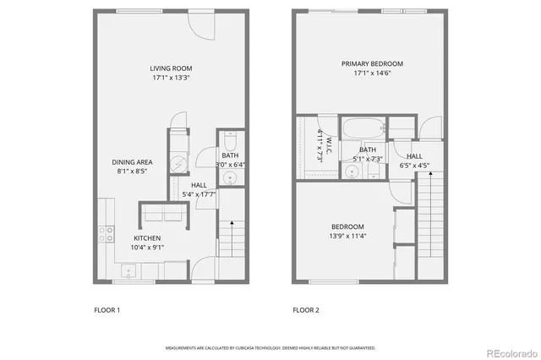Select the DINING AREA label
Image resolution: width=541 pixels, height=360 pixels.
coord(133,161)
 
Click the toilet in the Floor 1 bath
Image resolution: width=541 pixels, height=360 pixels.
coord(230,139)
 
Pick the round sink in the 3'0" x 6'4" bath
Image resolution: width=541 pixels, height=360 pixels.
coord(230,178)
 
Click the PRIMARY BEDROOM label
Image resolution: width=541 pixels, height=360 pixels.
coord(372,63)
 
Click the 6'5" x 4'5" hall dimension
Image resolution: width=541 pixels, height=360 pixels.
coord(414,166)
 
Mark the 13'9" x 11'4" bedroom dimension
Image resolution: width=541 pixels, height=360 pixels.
coord(347,237)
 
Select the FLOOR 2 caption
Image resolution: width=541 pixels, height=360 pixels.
coord(306,310)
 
